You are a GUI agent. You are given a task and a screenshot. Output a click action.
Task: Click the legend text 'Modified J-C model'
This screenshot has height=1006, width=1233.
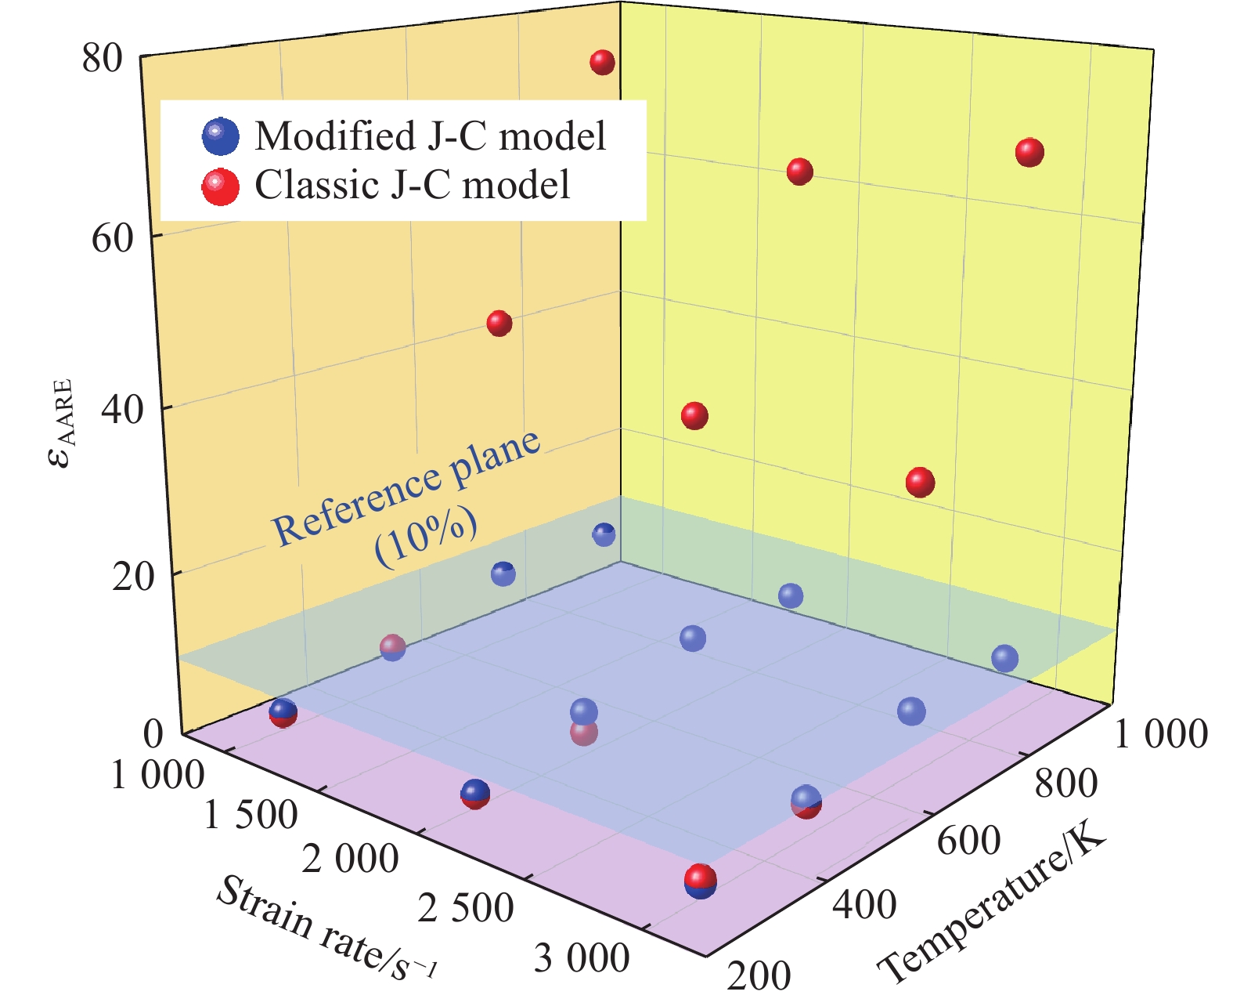click(430, 136)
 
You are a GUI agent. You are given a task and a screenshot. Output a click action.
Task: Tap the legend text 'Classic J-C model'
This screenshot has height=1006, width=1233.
click(413, 186)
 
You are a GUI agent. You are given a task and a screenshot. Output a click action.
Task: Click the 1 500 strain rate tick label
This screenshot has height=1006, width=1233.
click(251, 816)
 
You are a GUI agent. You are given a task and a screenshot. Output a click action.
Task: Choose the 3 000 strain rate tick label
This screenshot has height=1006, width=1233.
click(581, 957)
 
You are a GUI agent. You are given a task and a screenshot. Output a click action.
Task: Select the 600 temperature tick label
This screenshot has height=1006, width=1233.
click(968, 841)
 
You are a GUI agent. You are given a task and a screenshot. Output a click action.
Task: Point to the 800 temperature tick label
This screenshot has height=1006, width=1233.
click(1065, 783)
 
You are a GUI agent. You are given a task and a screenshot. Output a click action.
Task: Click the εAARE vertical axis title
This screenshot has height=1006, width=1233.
click(61, 423)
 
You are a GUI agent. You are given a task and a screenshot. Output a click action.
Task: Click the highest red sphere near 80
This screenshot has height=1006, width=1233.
click(602, 63)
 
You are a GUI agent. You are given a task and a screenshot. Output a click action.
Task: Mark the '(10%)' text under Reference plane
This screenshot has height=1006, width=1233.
click(427, 541)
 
